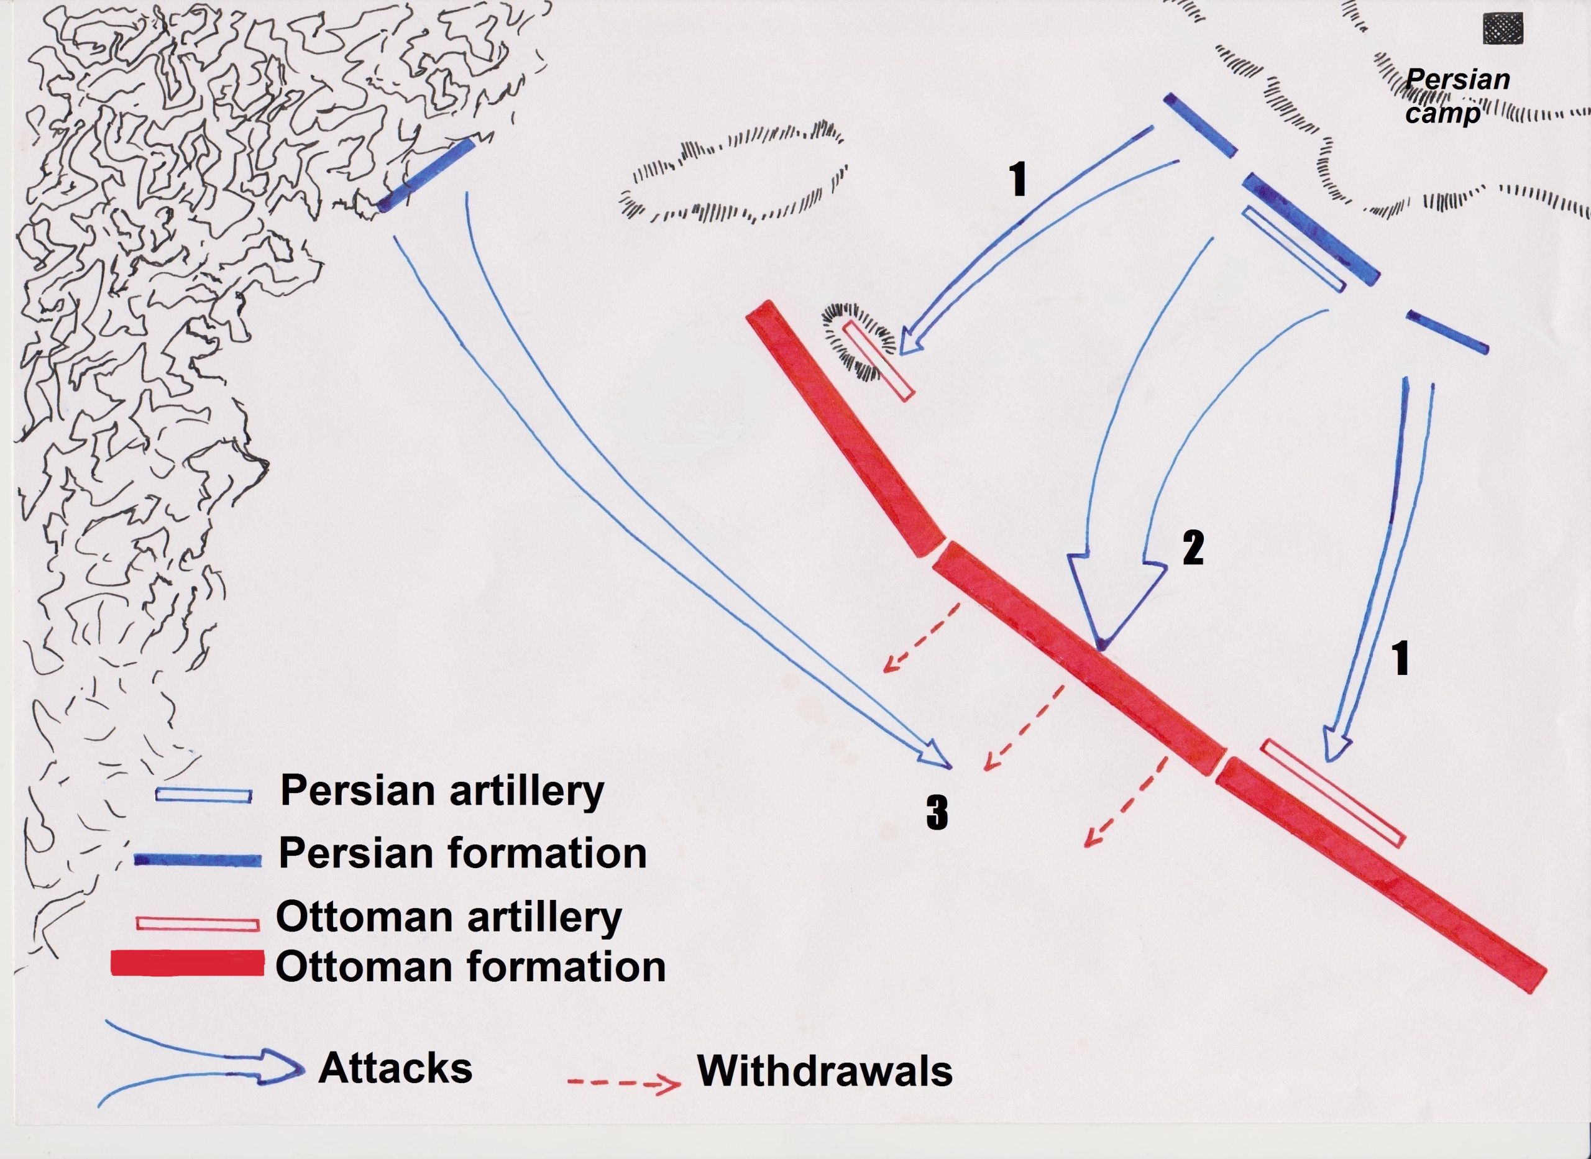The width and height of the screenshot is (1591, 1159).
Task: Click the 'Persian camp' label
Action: tap(1456, 96)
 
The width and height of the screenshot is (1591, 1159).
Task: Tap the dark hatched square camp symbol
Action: tap(1502, 29)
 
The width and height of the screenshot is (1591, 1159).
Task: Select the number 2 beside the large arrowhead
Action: tap(1193, 548)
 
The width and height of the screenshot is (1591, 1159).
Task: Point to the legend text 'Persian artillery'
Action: tap(442, 792)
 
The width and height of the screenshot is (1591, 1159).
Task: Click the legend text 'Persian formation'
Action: tap(462, 854)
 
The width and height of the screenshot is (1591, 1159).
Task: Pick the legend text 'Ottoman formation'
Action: tap(470, 968)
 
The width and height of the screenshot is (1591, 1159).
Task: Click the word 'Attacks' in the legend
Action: tap(395, 1069)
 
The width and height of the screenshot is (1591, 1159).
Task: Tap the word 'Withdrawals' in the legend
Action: tap(825, 1071)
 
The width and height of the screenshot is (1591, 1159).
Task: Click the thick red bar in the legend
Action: tap(188, 964)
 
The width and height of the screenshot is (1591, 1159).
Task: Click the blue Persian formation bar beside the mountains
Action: tap(425, 174)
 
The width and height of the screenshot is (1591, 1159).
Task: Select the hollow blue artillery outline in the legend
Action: tap(203, 795)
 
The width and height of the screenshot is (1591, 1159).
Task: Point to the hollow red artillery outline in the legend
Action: tap(198, 923)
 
